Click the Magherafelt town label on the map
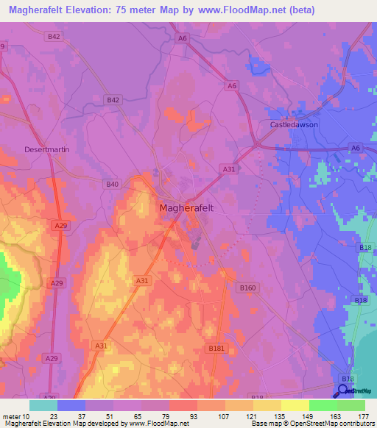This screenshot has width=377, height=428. (186, 208)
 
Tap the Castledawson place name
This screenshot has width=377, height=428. (292, 125)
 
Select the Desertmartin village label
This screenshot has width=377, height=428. (46, 149)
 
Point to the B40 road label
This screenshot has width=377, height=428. (112, 184)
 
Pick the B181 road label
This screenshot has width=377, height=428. (216, 347)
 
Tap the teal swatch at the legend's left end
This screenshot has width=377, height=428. (43, 404)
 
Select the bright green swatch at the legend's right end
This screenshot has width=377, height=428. (350, 404)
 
